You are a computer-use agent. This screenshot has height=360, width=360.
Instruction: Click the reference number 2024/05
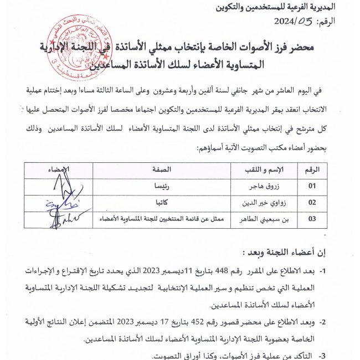point(297,22)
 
